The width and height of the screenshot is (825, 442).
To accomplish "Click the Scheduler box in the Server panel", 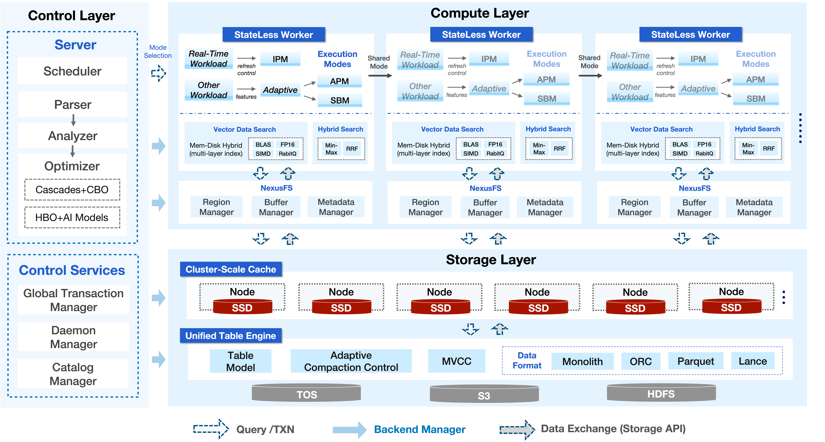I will [72, 71].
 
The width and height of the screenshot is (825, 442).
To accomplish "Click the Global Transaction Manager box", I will [73, 300].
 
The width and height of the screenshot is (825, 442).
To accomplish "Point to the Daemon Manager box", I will [73, 337].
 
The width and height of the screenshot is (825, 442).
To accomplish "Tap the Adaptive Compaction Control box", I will [351, 361].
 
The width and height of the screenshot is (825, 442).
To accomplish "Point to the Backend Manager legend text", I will [420, 429].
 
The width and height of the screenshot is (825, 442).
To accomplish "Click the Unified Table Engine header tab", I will [231, 336].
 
